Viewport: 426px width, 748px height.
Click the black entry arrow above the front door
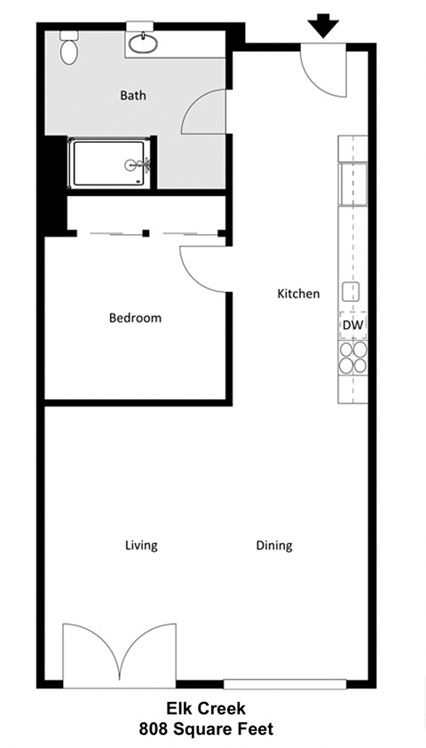click(x=324, y=26)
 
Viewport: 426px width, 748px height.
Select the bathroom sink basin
click(x=142, y=42)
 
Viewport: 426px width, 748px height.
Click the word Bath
click(x=133, y=96)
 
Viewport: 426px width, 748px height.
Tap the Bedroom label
click(x=135, y=318)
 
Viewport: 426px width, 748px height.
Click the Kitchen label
click(x=298, y=294)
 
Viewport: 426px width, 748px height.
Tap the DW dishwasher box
click(x=352, y=325)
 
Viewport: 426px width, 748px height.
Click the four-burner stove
click(x=352, y=355)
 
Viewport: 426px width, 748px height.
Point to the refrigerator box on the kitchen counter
click(x=352, y=182)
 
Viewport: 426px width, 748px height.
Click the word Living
click(x=141, y=546)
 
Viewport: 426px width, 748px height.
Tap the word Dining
click(x=274, y=546)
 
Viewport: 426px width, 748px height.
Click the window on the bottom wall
click(x=284, y=683)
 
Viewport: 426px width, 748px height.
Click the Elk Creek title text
click(x=205, y=709)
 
